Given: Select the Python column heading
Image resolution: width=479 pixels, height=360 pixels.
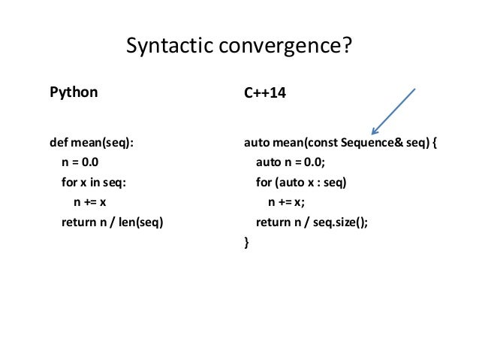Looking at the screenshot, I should coord(74,93).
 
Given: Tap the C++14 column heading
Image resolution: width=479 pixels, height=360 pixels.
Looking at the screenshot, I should coord(264,95).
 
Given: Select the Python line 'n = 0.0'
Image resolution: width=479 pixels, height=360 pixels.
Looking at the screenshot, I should coord(80,162).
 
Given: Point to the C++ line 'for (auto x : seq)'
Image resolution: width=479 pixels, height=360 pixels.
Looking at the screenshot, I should coord(303,182).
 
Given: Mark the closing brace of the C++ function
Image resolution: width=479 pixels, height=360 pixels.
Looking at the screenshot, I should coord(246,242).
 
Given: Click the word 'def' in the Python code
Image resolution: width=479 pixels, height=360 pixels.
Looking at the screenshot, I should coord(59,142).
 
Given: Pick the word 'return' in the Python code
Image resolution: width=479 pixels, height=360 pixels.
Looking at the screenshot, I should coord(77,222).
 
